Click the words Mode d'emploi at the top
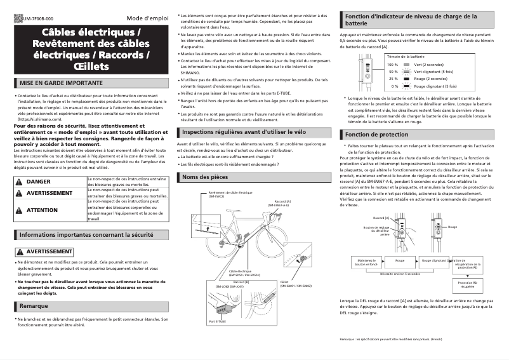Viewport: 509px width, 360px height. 148,18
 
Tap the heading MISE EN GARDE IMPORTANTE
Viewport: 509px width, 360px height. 61,83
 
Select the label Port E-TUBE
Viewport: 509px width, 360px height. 217,322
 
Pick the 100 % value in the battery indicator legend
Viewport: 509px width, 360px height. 392,65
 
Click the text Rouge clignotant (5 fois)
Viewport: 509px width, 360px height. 435,86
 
